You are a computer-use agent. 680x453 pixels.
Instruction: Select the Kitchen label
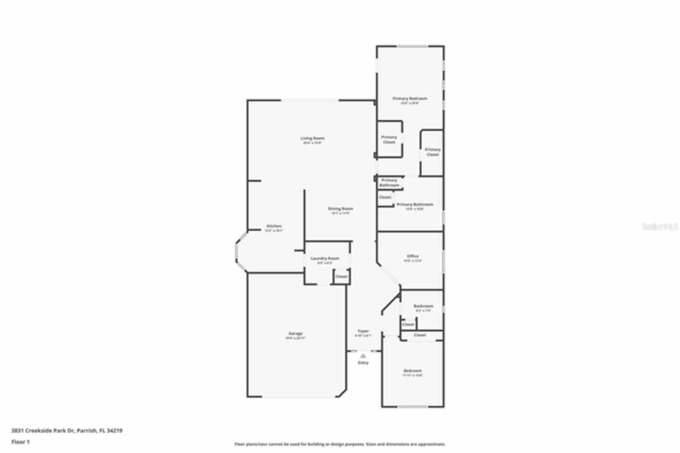pos(274,226)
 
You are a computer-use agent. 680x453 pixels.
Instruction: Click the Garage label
pos(296,334)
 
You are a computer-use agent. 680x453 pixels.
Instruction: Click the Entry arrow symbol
pos(363,356)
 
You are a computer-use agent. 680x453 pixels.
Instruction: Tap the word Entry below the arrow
pos(363,363)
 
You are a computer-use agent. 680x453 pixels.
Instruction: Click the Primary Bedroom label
pos(410,98)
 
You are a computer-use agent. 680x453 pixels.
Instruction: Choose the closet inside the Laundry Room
pos(341,276)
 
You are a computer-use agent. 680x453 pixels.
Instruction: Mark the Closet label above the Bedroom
pos(420,335)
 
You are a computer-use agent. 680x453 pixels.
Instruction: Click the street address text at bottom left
pos(67,431)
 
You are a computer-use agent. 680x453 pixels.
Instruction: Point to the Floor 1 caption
pos(21,441)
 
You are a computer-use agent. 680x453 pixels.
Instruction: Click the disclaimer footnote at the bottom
pos(340,444)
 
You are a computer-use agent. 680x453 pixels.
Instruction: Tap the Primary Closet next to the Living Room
pos(389,139)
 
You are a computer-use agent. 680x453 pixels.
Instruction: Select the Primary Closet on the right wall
pos(432,152)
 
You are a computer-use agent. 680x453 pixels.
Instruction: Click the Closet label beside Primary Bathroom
pos(385,197)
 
